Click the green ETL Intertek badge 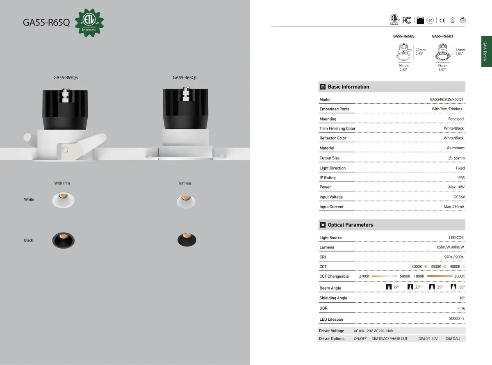89,23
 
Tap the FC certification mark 407,20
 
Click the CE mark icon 442,21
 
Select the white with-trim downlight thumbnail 63,200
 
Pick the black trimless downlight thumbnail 187,240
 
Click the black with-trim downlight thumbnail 64,240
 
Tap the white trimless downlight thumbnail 186,201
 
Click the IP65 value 461,178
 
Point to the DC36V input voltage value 459,197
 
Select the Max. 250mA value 454,207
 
